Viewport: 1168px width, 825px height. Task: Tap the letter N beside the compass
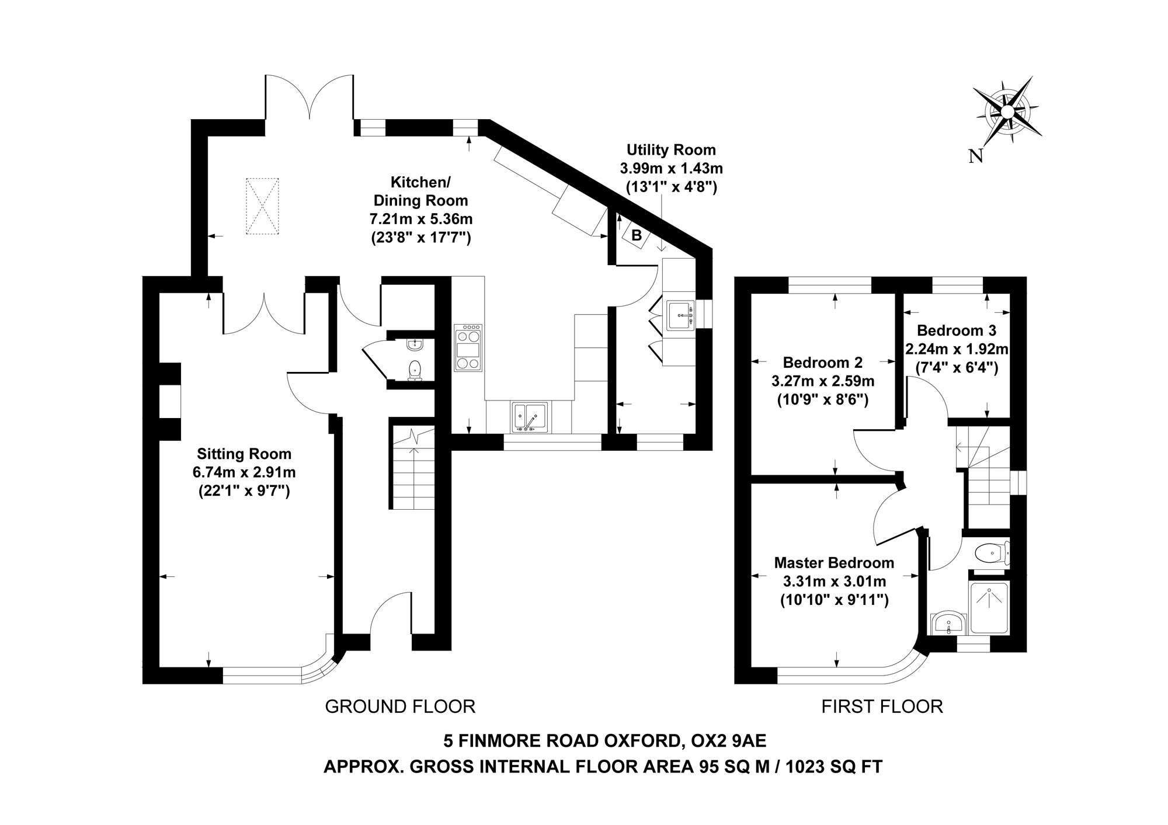[975, 156]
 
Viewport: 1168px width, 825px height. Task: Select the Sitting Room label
[244, 454]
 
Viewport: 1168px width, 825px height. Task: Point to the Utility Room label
[671, 150]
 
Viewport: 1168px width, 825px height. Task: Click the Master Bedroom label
[834, 563]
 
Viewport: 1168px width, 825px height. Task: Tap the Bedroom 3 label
[957, 330]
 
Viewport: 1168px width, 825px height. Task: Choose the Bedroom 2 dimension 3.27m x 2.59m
[823, 382]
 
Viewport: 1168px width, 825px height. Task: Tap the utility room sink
[680, 315]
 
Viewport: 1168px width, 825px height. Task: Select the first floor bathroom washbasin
[948, 624]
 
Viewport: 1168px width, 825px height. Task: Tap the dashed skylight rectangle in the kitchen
[262, 206]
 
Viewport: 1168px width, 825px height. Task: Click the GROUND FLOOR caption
[400, 706]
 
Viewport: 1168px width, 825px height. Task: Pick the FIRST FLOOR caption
[882, 706]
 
